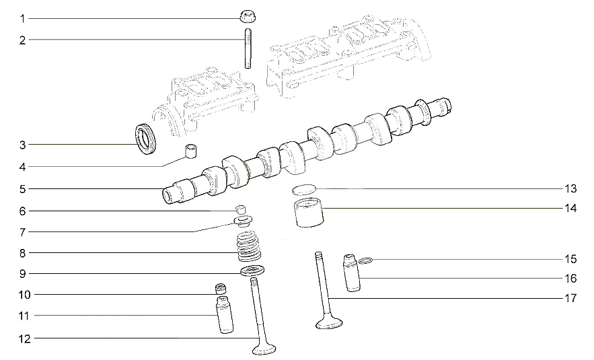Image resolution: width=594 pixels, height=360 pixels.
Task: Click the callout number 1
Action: point(22,19)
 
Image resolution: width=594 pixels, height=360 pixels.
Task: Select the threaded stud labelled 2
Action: point(248,48)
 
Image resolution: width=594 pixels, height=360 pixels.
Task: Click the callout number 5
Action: point(23,188)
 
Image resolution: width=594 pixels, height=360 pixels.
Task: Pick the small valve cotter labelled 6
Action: point(240,209)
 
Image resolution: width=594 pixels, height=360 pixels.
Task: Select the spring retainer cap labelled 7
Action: point(244,221)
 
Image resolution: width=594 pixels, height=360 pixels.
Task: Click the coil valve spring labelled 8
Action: point(250,246)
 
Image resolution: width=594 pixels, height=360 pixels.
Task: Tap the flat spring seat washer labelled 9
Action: point(252,271)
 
